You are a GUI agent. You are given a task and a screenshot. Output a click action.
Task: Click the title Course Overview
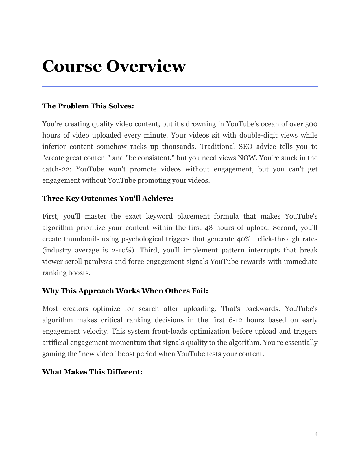pyautogui.click(x=114, y=66)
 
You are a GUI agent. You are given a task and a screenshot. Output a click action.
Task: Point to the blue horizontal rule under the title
pyautogui.click(x=180, y=86)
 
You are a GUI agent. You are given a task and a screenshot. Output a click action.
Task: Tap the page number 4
pyautogui.click(x=316, y=434)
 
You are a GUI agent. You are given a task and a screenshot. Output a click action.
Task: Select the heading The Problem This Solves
pyautogui.click(x=88, y=106)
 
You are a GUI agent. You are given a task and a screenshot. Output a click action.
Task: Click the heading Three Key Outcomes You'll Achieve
pyautogui.click(x=108, y=199)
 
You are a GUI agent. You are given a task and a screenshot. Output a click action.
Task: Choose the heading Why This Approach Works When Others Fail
pyautogui.click(x=125, y=291)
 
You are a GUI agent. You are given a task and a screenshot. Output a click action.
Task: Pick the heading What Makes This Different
pyautogui.click(x=92, y=372)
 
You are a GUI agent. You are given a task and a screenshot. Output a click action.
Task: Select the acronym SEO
pyautogui.click(x=245, y=147)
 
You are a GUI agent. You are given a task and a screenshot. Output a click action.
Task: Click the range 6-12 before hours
pyautogui.click(x=233, y=320)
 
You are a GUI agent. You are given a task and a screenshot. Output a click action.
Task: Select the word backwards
pyautogui.click(x=262, y=309)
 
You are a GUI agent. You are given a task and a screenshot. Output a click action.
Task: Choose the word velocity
pyautogui.click(x=95, y=331)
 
